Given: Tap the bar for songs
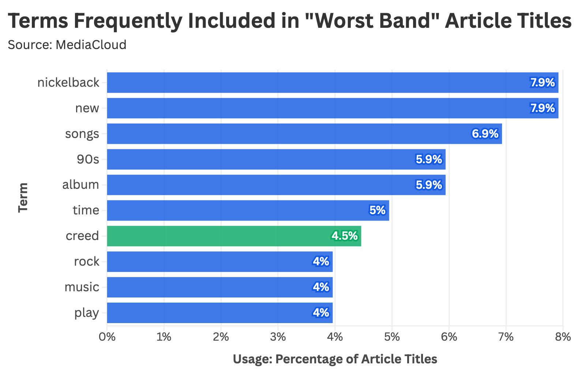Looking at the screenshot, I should pyautogui.click(x=304, y=134).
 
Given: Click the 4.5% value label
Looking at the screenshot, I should pyautogui.click(x=344, y=236).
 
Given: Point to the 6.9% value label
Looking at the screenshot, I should pyautogui.click(x=485, y=134).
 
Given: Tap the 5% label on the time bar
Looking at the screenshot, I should pyautogui.click(x=377, y=210).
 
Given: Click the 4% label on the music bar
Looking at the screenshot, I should pyautogui.click(x=321, y=287).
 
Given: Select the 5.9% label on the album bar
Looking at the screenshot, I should pyautogui.click(x=428, y=185).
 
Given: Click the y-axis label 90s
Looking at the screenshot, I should pyautogui.click(x=88, y=159).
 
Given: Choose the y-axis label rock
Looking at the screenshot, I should pyautogui.click(x=86, y=262).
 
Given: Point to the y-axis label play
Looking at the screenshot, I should pyautogui.click(x=86, y=313).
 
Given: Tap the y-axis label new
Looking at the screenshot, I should pyautogui.click(x=87, y=108).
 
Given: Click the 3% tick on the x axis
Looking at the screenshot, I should pyautogui.click(x=278, y=337).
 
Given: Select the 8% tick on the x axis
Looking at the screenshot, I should pyautogui.click(x=563, y=337).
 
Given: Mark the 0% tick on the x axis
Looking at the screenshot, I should pyautogui.click(x=107, y=337).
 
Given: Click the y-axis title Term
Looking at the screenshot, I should pyautogui.click(x=23, y=197).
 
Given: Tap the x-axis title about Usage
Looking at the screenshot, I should pyautogui.click(x=335, y=359).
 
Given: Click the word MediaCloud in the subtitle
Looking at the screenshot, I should pyautogui.click(x=91, y=45).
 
